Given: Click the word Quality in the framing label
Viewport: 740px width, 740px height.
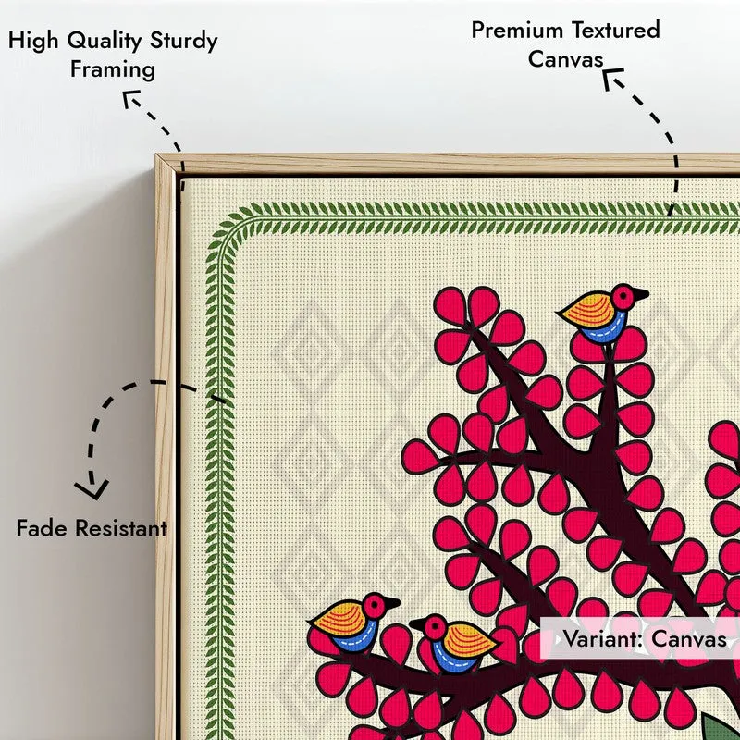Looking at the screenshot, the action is [x=104, y=41].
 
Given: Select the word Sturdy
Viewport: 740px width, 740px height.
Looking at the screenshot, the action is [x=183, y=41].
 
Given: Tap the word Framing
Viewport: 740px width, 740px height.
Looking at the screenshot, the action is [x=113, y=70].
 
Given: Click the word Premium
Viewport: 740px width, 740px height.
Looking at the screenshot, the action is [x=517, y=31].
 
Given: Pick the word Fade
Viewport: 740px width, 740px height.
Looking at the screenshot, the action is [x=42, y=527].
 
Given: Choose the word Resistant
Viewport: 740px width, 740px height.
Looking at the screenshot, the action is [x=121, y=528].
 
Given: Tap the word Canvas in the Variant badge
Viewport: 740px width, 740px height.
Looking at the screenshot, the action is [x=689, y=639].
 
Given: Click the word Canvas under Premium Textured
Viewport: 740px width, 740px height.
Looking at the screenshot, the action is [x=566, y=59].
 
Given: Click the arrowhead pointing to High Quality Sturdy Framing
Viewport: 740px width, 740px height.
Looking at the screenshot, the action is [x=129, y=97].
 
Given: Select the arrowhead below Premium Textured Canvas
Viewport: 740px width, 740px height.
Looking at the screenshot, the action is [x=611, y=77].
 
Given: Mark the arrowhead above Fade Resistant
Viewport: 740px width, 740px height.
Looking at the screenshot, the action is [x=92, y=490].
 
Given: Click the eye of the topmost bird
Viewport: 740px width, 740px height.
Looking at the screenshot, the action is [x=623, y=296].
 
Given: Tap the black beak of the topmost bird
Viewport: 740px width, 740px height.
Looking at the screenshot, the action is [x=641, y=295].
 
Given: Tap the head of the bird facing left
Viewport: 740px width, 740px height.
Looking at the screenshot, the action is [x=434, y=627].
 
